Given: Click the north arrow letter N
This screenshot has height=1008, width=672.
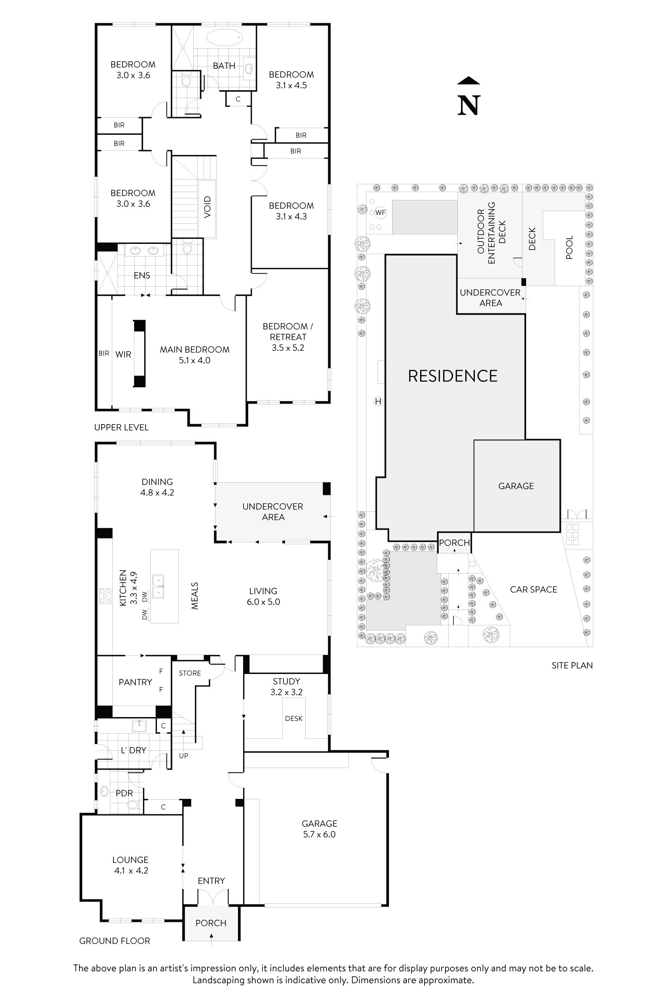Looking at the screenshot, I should tap(468, 105).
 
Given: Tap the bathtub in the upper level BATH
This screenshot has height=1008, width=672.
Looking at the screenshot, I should tap(225, 37).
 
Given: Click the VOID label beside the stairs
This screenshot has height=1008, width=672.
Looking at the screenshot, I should tap(208, 207).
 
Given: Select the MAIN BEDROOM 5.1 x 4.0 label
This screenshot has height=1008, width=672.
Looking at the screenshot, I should tap(194, 355).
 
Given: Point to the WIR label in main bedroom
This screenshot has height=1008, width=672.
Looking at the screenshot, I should tap(123, 355).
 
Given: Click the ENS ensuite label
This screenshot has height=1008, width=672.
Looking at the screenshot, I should tap(142, 276).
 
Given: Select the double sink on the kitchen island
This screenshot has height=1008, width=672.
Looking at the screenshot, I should tap(158, 586).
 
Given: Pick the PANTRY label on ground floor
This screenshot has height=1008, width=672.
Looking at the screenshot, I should tap(135, 682).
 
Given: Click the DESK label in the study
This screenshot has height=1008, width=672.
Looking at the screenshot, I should tap(294, 718).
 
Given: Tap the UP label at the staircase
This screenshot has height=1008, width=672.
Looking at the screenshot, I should tap(183, 756).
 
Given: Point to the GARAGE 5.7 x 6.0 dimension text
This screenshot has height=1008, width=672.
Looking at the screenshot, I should tap(319, 834).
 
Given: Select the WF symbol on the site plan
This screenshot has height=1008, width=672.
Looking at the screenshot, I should tap(380, 213).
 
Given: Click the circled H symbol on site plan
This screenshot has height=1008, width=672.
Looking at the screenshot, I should tap(378, 402).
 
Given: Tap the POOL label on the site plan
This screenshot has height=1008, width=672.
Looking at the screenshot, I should tap(569, 248).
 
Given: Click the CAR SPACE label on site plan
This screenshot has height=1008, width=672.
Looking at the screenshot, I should tap(534, 590).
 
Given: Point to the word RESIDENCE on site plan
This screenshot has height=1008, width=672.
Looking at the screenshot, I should tap(453, 376).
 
